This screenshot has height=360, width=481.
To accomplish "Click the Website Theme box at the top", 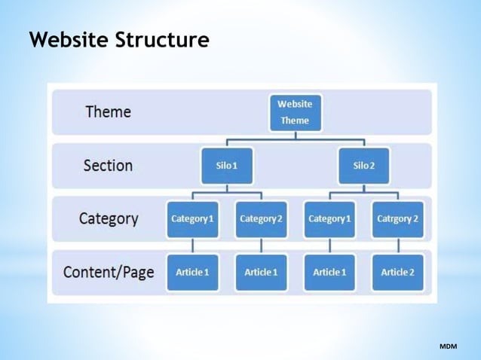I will (x=295, y=111).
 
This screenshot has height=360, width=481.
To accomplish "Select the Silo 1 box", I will (x=226, y=165).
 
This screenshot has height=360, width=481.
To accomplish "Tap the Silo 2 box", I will (x=363, y=165).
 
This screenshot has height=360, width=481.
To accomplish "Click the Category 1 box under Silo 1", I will (x=192, y=218).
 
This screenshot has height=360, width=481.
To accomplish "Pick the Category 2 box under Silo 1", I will (x=261, y=218).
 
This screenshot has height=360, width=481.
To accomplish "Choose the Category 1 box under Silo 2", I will (x=329, y=218).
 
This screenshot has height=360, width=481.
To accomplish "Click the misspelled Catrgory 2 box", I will (x=397, y=218).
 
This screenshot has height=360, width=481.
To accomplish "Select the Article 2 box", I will (x=397, y=272).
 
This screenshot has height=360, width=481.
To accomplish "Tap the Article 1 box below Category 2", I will (x=261, y=272).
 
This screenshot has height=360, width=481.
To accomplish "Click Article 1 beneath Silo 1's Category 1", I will (x=192, y=272).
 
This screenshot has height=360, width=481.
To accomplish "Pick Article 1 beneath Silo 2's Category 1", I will (x=329, y=272).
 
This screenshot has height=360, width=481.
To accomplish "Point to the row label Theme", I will (x=108, y=111).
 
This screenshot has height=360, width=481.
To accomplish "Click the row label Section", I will (x=108, y=165).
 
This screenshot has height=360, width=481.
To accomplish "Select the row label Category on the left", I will (x=109, y=219).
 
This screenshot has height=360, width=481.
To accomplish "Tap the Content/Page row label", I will (x=109, y=272).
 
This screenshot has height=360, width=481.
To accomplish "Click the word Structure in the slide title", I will (x=162, y=40).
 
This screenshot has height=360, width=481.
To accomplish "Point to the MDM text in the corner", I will (x=448, y=346).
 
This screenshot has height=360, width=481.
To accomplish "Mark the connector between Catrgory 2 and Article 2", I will (x=398, y=246).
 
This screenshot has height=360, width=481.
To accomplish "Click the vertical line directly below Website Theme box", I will (x=296, y=136).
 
